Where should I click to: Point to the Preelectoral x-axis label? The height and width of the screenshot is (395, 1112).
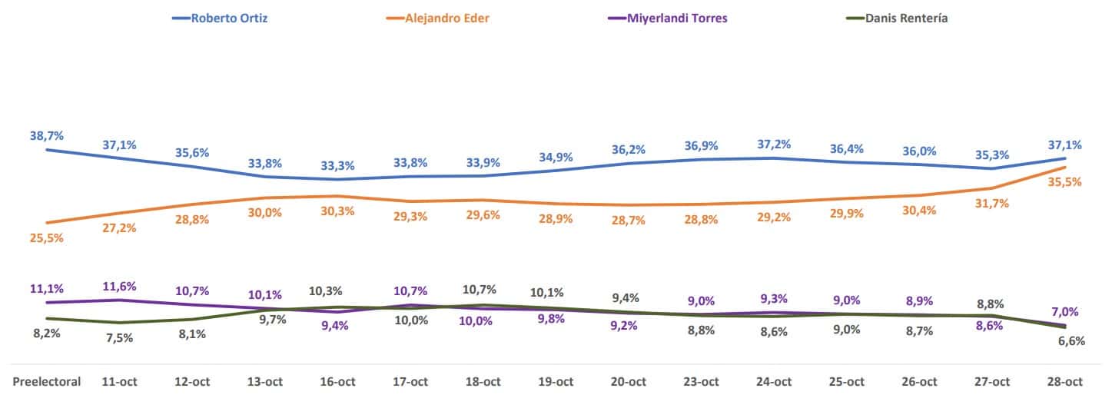point(47,381)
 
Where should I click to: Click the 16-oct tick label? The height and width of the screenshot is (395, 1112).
point(337,381)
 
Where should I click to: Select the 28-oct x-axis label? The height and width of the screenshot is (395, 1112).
point(1064,381)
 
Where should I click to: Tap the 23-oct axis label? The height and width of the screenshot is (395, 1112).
point(701,381)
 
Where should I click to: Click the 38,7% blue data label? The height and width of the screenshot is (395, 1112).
point(47,135)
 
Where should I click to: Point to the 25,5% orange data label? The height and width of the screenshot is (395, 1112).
point(47,238)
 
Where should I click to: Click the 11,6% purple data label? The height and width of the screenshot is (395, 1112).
point(119,286)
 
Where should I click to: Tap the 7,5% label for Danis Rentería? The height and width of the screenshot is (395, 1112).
point(119,338)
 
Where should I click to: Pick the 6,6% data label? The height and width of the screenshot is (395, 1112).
point(1070,341)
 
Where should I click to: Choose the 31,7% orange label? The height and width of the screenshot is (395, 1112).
point(991,204)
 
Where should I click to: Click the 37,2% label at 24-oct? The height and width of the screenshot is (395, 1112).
point(773,144)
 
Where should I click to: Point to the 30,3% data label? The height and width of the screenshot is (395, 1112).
point(337,211)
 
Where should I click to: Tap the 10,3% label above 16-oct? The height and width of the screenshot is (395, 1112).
point(326,291)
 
